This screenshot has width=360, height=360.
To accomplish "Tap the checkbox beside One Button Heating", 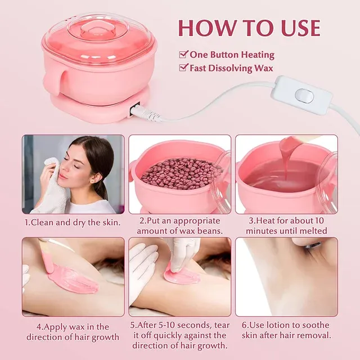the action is (x=183, y=55).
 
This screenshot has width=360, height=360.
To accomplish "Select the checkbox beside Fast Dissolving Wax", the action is (x=183, y=67).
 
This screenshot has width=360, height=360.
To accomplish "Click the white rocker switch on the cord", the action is (x=304, y=96).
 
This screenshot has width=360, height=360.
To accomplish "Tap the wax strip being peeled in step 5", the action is (x=181, y=276).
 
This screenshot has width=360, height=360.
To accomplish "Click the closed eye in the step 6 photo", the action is (x=312, y=246).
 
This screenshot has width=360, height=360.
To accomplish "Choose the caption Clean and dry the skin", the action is (x=73, y=223).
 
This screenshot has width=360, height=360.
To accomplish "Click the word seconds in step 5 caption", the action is (x=194, y=326).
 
